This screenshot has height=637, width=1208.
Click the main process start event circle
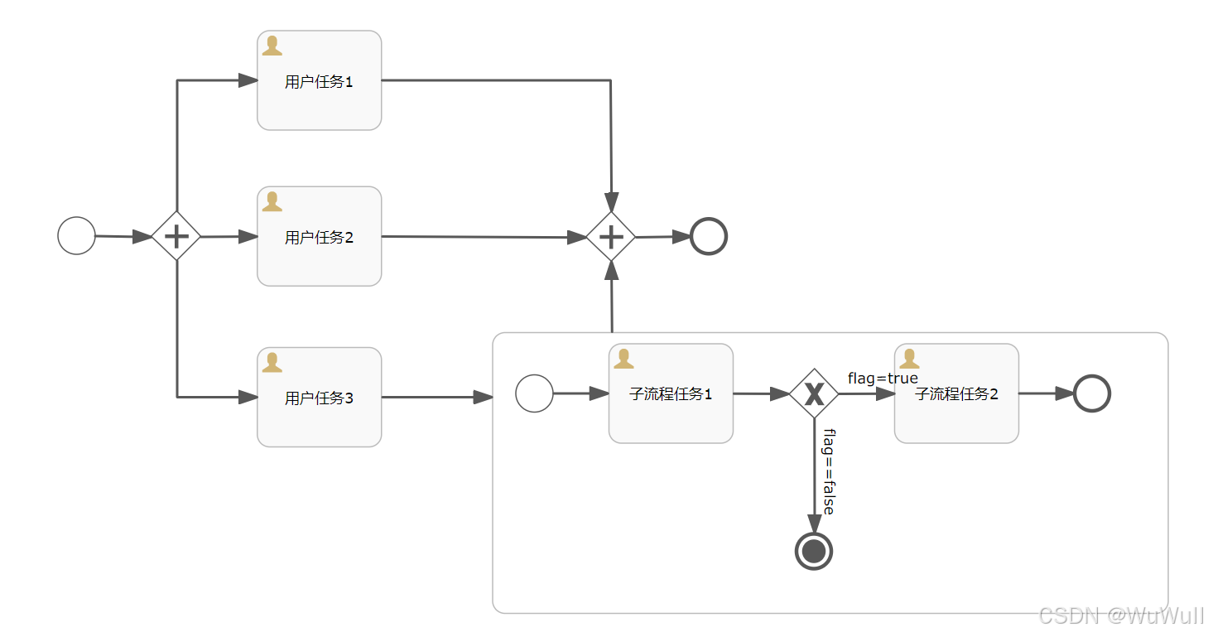77,235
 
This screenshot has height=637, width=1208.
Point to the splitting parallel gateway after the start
176,236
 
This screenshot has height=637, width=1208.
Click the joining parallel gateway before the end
611,237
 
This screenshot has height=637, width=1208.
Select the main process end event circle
708,236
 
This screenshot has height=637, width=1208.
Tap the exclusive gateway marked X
814,393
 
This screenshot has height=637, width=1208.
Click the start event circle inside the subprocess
534,393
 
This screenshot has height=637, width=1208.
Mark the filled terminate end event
814,550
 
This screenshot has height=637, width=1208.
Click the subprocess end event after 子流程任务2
1091,393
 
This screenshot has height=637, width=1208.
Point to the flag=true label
883,379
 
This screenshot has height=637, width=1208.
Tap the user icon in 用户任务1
272,46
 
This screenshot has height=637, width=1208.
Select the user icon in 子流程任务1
623,359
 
